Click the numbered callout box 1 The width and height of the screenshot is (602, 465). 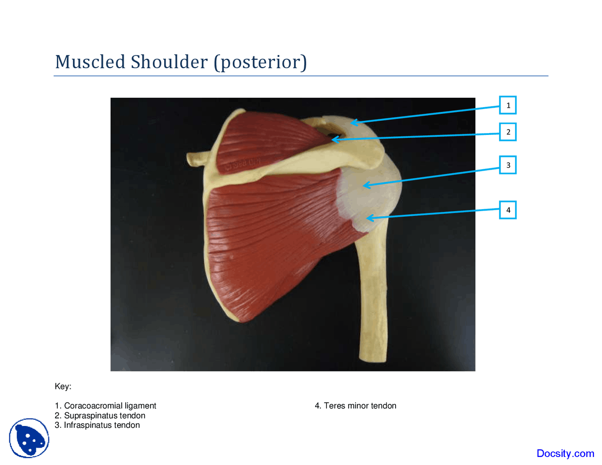coord(507,105)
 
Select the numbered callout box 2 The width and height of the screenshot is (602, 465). coord(507,132)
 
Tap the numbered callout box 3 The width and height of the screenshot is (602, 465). coord(507,165)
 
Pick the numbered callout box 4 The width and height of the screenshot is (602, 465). coord(507,210)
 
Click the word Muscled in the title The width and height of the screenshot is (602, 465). coord(90,62)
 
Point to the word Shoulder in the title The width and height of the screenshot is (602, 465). coord(169,62)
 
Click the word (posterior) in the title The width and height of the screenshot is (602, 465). coord(260,62)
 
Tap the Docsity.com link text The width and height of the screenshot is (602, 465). coord(565,453)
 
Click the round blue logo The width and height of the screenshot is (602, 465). coord(29,438)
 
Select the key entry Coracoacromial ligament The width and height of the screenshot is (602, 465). coord(110,406)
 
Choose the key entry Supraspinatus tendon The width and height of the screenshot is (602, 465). coord(104,416)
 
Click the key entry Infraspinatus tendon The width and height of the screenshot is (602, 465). coord(102,425)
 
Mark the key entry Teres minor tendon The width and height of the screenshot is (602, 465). coord(360,406)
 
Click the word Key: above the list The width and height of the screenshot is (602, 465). coord(63,386)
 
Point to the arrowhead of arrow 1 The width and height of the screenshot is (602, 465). coord(353,123)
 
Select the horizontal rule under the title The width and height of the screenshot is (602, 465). coord(301,76)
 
